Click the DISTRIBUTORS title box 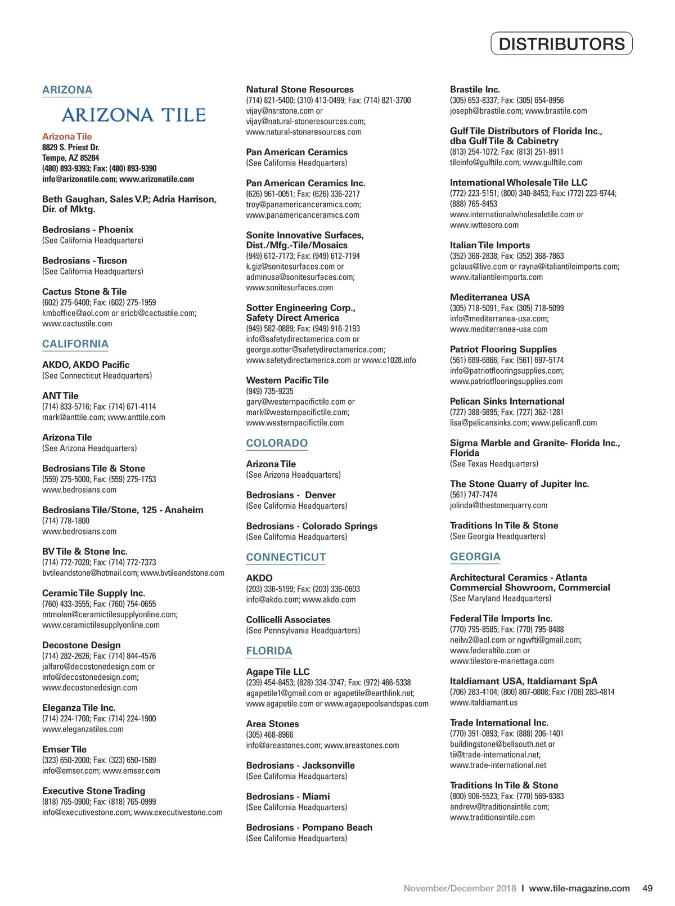point(561,44)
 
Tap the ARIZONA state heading point(67,90)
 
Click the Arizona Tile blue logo point(133,115)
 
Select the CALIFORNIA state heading point(75,344)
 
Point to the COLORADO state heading point(277,443)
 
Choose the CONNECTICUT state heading point(286,557)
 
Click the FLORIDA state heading point(269,651)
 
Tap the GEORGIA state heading point(475,557)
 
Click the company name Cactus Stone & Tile point(84,291)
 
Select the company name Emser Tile point(64,750)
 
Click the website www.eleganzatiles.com point(83,729)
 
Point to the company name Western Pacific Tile point(287,380)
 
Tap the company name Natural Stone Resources point(300,89)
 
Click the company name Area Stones point(272,724)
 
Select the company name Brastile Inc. point(475,89)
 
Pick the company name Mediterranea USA point(489,297)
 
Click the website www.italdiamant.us point(483,703)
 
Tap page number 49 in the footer point(647,889)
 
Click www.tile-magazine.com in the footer point(579,889)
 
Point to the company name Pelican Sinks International point(507,401)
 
